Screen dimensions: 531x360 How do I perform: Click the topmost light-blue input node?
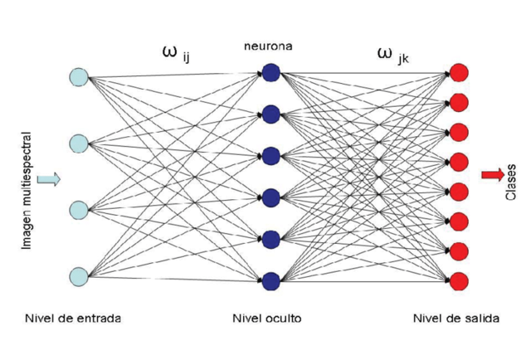point(79,77)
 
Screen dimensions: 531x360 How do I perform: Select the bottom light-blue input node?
point(79,277)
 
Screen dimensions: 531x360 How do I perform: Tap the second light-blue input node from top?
point(79,144)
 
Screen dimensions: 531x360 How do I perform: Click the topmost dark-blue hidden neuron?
point(271,72)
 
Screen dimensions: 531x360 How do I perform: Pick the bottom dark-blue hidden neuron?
point(271,281)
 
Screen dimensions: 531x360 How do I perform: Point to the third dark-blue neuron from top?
point(271,156)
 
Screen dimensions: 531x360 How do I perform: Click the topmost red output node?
point(459,72)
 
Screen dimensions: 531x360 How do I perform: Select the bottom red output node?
point(459,281)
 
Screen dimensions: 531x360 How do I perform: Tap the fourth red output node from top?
point(459,162)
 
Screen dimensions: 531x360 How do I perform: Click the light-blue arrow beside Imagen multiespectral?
point(49,179)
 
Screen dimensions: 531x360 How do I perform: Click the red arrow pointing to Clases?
point(493,175)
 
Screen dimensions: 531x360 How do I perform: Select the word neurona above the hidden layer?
point(268,46)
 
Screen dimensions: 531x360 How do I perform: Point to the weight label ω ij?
point(176,55)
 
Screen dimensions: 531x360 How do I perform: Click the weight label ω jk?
point(392,56)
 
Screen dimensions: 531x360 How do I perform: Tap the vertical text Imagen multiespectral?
point(27,191)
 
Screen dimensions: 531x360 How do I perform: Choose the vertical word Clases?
point(510,182)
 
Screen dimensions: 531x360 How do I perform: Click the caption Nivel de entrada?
point(73,319)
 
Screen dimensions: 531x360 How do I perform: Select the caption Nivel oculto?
point(267,319)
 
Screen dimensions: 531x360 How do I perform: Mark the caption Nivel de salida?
point(456,319)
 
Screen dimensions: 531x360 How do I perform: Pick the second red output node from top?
point(459,102)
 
